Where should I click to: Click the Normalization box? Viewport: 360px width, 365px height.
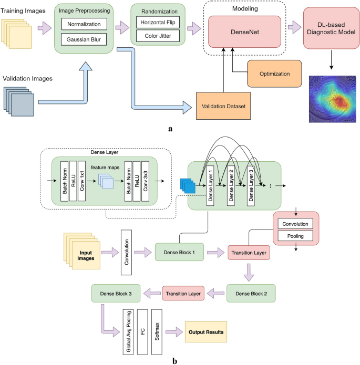[x=84, y=24]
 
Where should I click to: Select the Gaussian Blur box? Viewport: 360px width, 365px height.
[x=84, y=40]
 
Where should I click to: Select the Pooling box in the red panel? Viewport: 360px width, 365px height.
[x=295, y=236]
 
